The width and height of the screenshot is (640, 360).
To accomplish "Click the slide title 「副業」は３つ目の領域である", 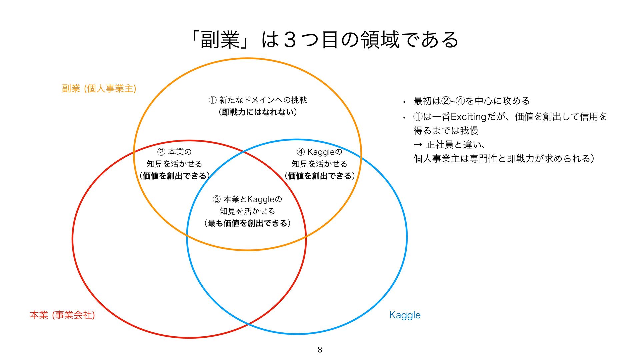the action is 325,40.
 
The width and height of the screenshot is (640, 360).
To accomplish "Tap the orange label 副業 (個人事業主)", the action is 99,88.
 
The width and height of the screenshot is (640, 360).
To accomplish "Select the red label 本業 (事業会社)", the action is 62,315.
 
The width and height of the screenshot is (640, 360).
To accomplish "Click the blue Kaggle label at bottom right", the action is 405,315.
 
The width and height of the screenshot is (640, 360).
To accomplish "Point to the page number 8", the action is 320,350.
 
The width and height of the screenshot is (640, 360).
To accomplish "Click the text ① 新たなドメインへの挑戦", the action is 258,100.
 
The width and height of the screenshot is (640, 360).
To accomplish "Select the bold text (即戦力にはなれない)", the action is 258,112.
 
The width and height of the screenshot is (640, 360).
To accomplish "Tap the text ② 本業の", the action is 174,152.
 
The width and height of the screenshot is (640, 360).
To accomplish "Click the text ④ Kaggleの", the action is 319,152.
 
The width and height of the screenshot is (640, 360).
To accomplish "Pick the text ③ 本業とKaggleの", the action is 247,199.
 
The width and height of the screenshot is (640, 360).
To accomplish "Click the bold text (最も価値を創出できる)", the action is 247,223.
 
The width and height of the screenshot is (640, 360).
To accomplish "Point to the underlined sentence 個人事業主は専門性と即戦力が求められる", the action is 502,158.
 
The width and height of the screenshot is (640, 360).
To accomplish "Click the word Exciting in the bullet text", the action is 469,117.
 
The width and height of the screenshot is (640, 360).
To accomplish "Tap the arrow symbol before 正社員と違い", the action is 418,145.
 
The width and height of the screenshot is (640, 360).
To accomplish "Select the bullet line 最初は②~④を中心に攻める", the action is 471,101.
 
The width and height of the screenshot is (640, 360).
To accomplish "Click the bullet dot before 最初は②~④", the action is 404,102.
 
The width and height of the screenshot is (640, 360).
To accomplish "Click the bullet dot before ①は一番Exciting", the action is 404,117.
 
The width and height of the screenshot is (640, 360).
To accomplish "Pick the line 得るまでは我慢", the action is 446,131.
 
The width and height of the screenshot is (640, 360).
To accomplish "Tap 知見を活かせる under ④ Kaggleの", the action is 319,164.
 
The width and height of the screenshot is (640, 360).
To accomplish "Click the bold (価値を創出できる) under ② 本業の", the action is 174,176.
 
